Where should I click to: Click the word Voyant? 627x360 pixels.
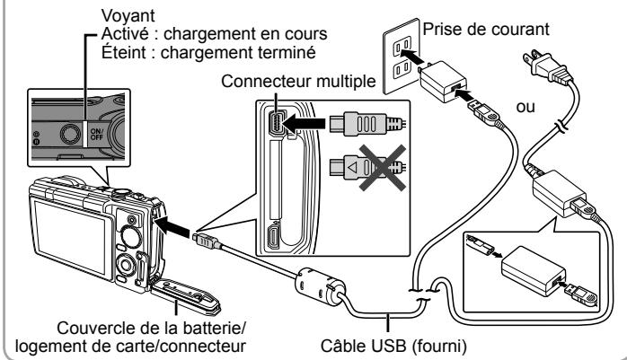[128, 16]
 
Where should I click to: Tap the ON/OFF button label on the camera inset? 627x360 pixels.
[97, 135]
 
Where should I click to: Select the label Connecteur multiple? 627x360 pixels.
[298, 82]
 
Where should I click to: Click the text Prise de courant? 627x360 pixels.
[486, 29]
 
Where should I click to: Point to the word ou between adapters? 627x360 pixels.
[525, 107]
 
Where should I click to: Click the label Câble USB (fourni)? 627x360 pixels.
[393, 346]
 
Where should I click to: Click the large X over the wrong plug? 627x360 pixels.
[383, 167]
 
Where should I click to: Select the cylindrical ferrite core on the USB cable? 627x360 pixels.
[321, 285]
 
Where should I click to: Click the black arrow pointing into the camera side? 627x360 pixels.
[172, 227]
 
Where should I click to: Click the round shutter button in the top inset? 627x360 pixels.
[70, 134]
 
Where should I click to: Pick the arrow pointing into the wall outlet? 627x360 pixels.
[411, 57]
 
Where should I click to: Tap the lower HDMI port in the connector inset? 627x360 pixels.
[274, 237]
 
